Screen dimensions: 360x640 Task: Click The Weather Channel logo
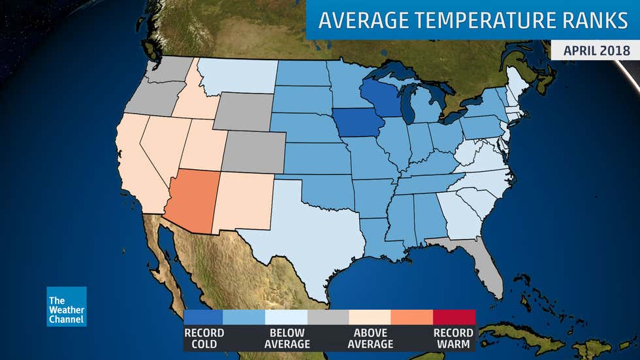click(x=66, y=306)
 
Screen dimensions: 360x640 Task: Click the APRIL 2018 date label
click(x=594, y=50)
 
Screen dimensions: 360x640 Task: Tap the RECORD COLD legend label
click(x=204, y=338)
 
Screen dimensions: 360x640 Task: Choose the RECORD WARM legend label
click(x=453, y=338)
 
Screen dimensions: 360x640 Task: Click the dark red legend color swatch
click(x=454, y=317)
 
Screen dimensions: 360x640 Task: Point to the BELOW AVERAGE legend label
click(x=287, y=338)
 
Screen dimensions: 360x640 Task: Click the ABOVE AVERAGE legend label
click(x=370, y=338)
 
